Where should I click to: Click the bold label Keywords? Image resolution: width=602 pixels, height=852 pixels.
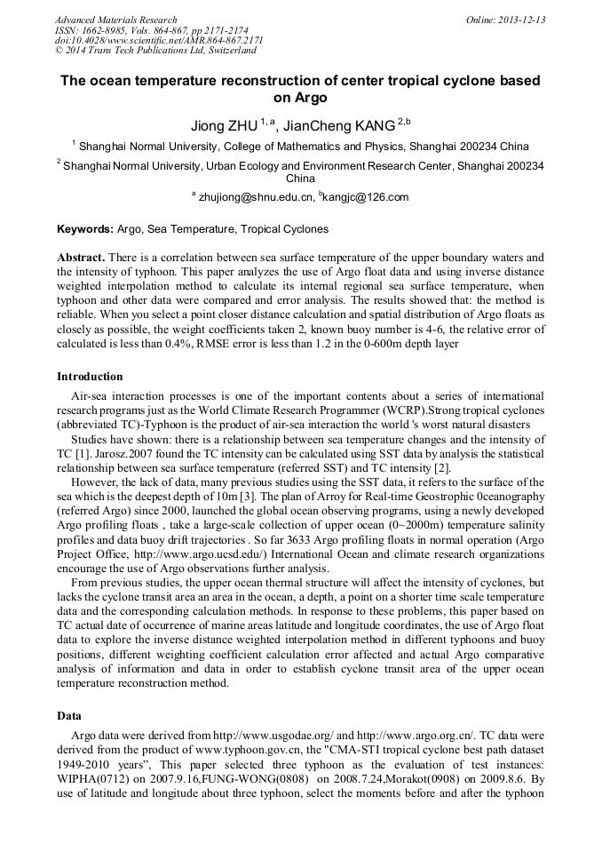pyautogui.click(x=85, y=229)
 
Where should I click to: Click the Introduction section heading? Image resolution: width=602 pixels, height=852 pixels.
pyautogui.click(x=90, y=377)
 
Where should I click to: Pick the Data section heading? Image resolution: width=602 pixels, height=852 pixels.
pyautogui.click(x=69, y=715)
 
